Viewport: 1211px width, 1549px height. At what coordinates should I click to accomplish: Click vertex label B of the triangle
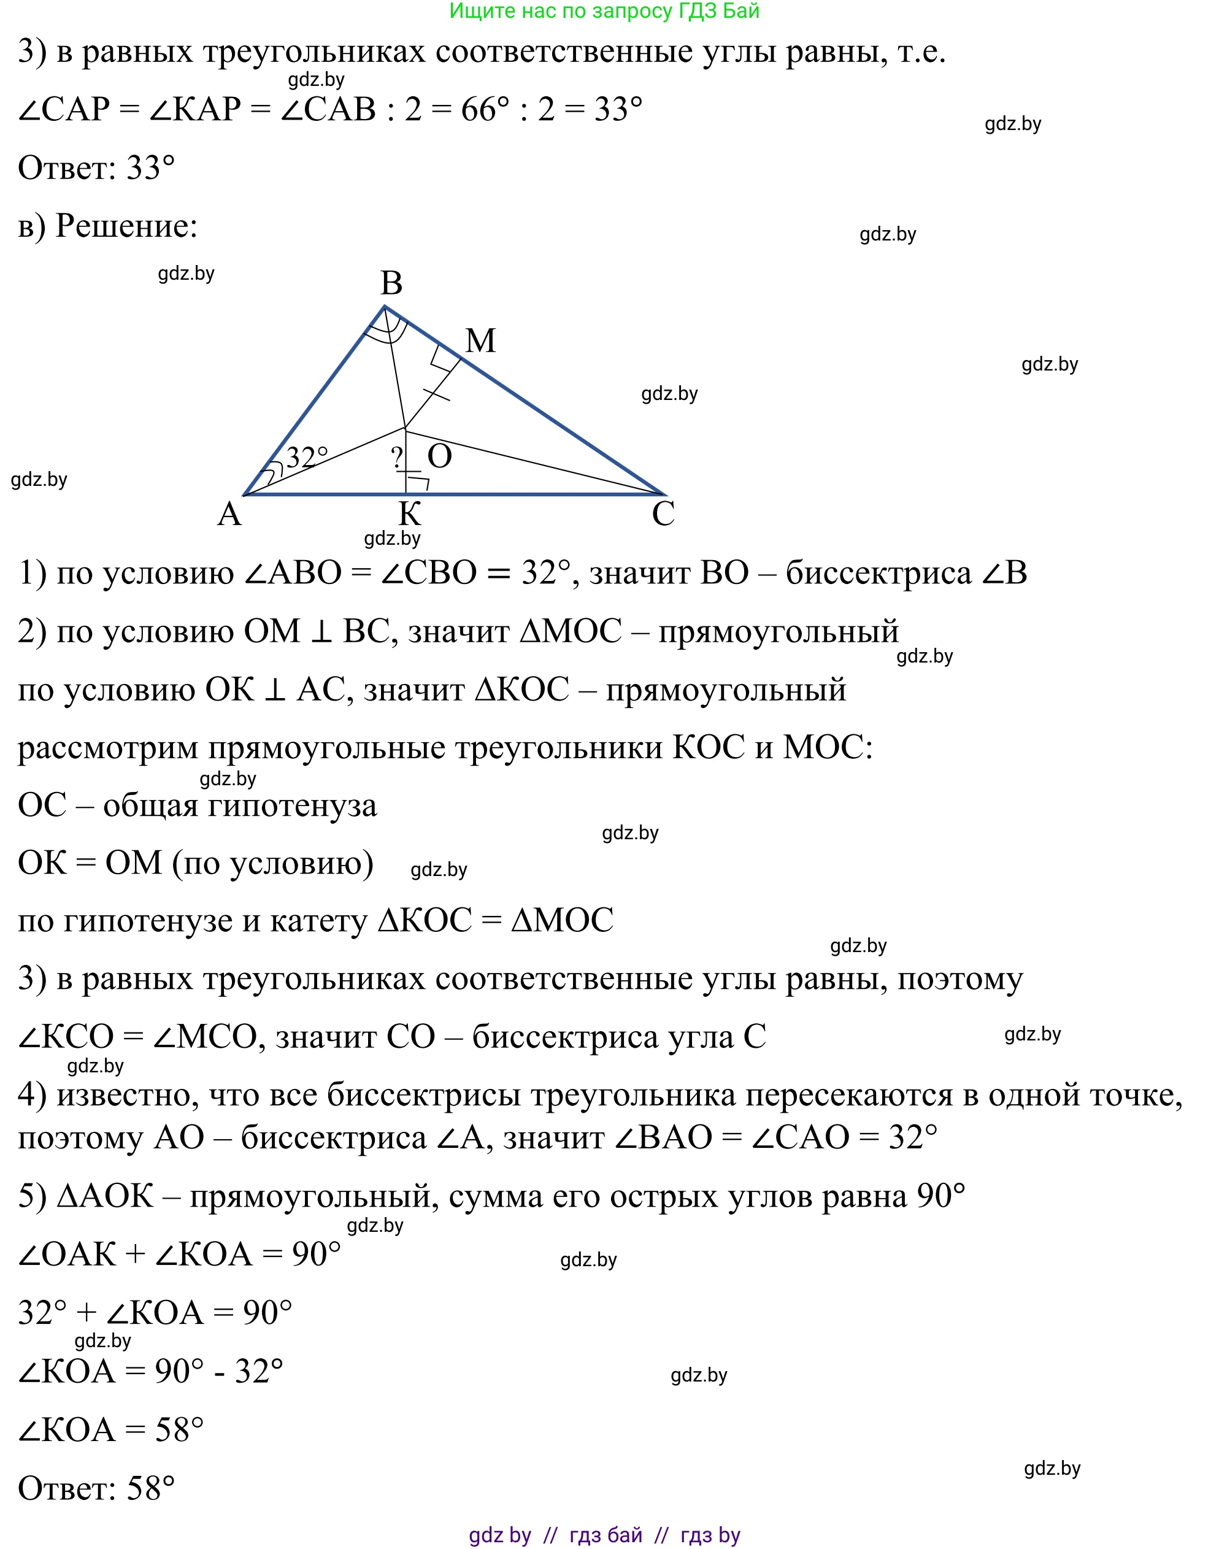point(391,283)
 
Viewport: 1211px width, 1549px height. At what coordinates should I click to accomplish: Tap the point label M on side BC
point(480,341)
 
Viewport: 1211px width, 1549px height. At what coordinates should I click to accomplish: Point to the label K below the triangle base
point(410,513)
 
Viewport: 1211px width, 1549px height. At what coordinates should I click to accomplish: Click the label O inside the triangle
point(440,456)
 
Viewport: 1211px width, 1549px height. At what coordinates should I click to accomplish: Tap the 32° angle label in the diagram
point(307,458)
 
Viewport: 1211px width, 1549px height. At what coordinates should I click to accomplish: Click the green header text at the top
point(604,10)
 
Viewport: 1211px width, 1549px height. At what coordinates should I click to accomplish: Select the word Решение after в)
point(126,226)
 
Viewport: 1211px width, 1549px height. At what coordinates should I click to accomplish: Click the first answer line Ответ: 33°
point(96,169)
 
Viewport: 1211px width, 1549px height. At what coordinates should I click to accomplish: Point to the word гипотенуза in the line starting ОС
point(292,805)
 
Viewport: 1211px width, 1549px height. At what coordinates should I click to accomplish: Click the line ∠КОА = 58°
point(110,1430)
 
